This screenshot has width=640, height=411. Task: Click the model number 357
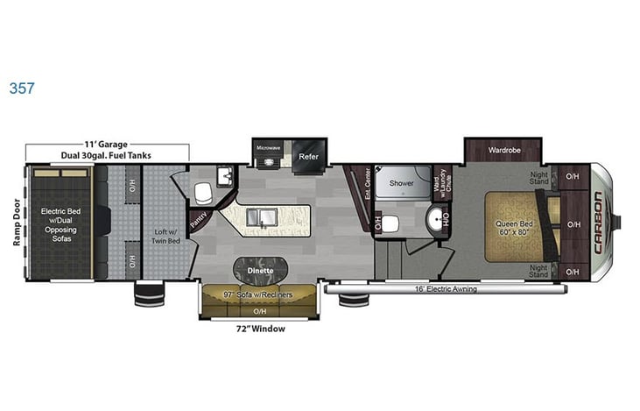(x=22, y=89)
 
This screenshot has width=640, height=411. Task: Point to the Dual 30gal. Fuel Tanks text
(x=106, y=155)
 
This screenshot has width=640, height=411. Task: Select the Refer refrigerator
(x=308, y=157)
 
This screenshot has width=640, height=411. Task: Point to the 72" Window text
(x=260, y=329)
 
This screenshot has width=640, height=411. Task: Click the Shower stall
(x=402, y=184)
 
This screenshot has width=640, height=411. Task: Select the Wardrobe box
(x=506, y=150)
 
